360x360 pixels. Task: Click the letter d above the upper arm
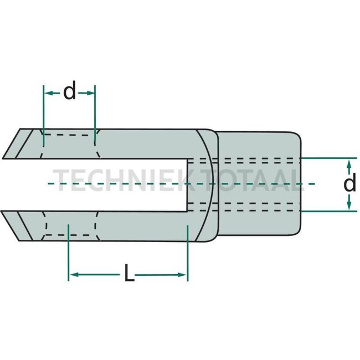pyautogui.click(x=69, y=92)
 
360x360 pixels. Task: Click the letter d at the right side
pyautogui.click(x=349, y=183)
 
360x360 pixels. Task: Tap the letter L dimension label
pyautogui.click(x=129, y=274)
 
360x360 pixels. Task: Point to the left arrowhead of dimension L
pyautogui.click(x=73, y=275)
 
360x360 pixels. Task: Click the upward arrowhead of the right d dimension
pyautogui.click(x=349, y=163)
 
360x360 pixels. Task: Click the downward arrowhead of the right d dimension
pyautogui.click(x=349, y=206)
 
